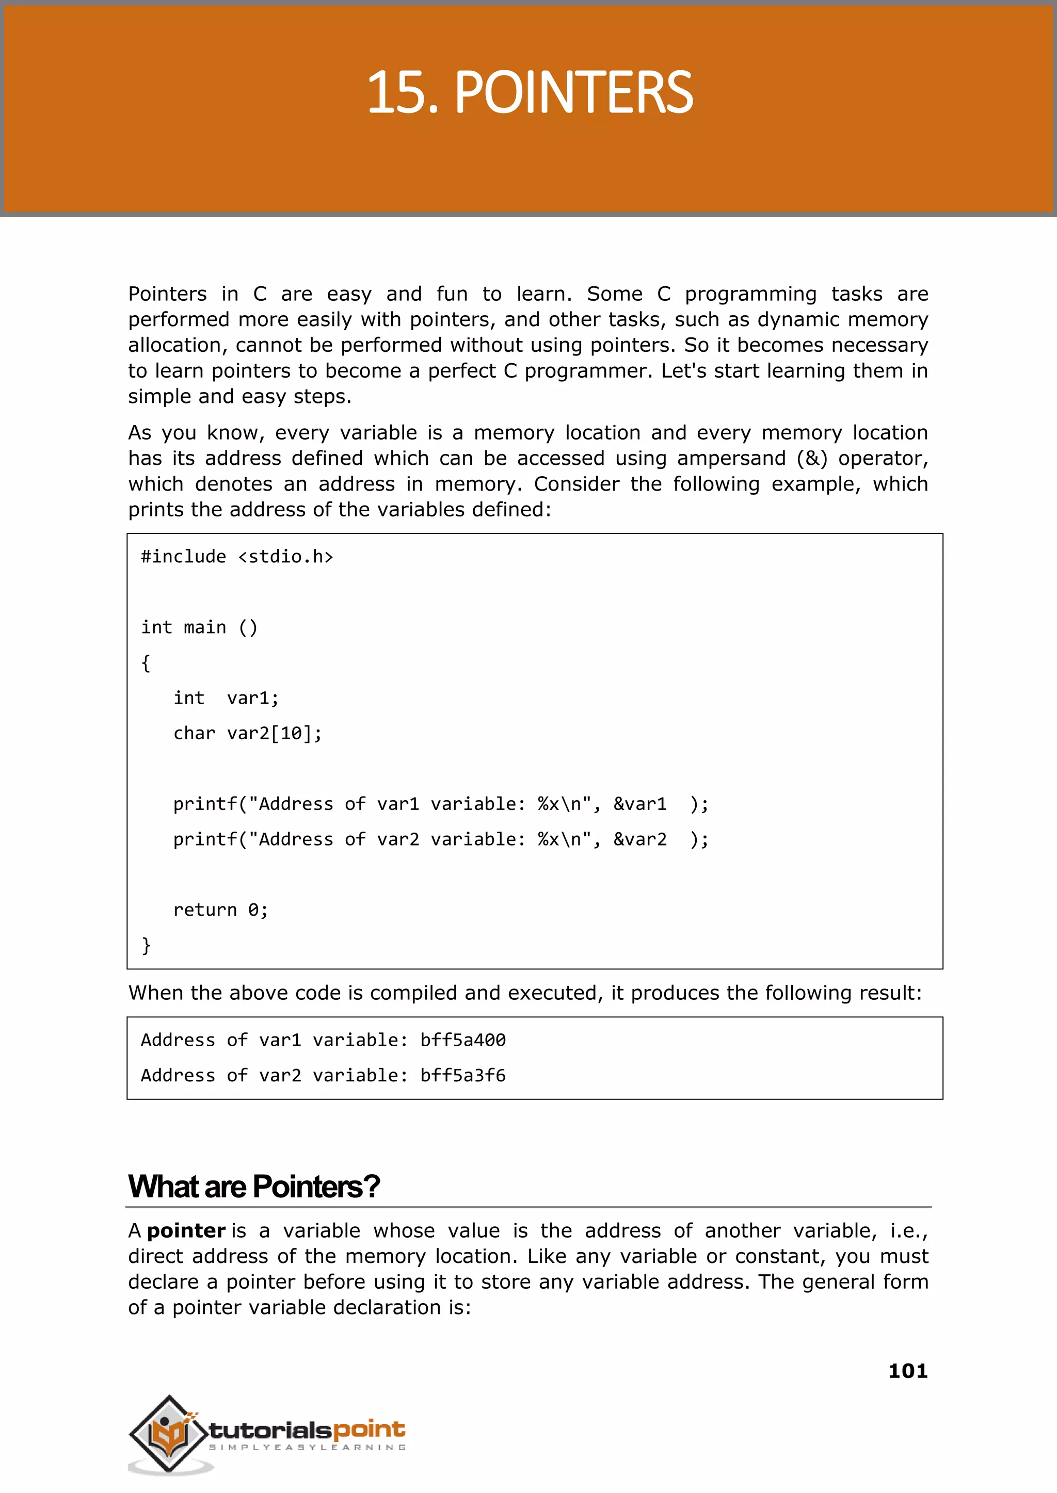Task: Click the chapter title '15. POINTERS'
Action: (x=530, y=92)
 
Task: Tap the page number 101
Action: (x=907, y=1371)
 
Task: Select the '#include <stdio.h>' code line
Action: (x=237, y=557)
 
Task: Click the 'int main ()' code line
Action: (x=199, y=628)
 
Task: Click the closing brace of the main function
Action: (x=147, y=945)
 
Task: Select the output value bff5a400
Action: (x=463, y=1040)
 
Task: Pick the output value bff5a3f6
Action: (x=463, y=1075)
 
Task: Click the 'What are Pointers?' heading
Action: (x=254, y=1187)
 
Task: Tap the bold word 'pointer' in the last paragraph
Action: (x=186, y=1231)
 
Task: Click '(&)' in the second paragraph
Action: (x=812, y=459)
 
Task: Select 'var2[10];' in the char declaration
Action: (x=274, y=734)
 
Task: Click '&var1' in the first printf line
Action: (x=640, y=804)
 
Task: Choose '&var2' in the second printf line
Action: (x=640, y=839)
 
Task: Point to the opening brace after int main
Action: (x=146, y=663)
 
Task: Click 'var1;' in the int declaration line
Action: (x=252, y=698)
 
